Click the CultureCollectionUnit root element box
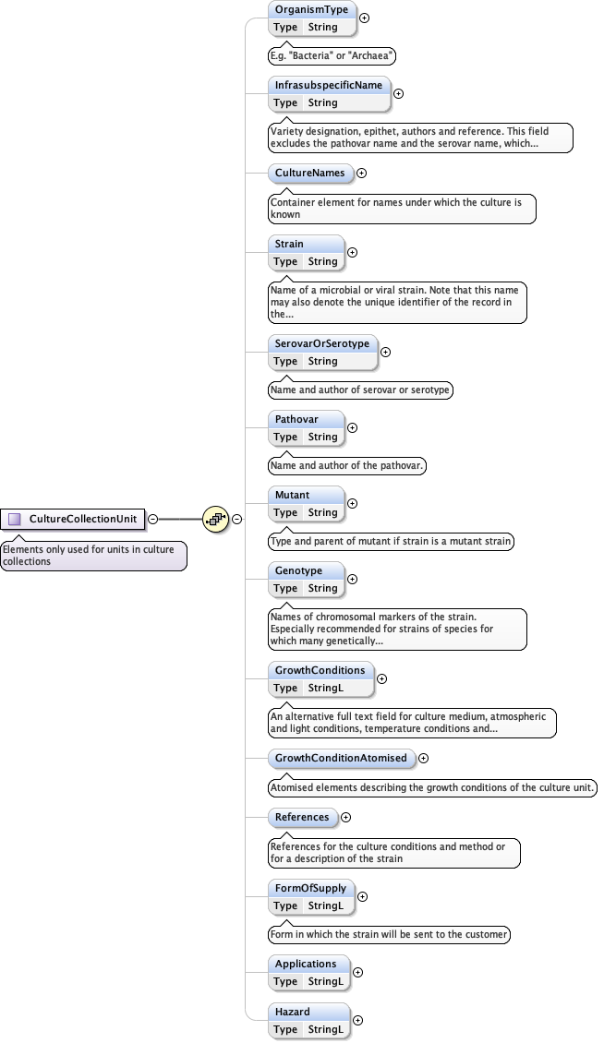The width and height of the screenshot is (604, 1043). pos(75,519)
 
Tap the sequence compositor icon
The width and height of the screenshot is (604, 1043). pos(215,519)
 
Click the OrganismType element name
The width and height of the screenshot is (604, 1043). pos(311,9)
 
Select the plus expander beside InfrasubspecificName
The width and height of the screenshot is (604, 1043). pos(399,93)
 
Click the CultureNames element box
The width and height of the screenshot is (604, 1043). pos(309,173)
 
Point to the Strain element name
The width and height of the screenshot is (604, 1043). pos(290,244)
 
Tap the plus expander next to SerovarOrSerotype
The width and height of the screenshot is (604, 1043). pos(386,352)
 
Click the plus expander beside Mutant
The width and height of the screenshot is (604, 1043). pos(352,503)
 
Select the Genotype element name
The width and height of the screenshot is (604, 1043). pos(298,570)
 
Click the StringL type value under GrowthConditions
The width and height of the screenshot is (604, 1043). pos(326,688)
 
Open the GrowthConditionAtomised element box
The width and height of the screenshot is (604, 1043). pos(341,758)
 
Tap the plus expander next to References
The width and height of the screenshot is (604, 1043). pos(346,817)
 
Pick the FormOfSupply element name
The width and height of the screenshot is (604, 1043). pos(310,888)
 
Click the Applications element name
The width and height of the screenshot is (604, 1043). pos(306,964)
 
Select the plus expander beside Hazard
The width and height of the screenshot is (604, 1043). pos(358,1020)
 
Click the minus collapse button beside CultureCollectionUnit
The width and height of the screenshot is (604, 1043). pos(153,519)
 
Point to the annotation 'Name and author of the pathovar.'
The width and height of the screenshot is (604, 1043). pos(347,466)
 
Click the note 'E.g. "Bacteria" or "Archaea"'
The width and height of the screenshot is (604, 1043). pos(332,56)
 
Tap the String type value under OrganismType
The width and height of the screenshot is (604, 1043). pos(323,27)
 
